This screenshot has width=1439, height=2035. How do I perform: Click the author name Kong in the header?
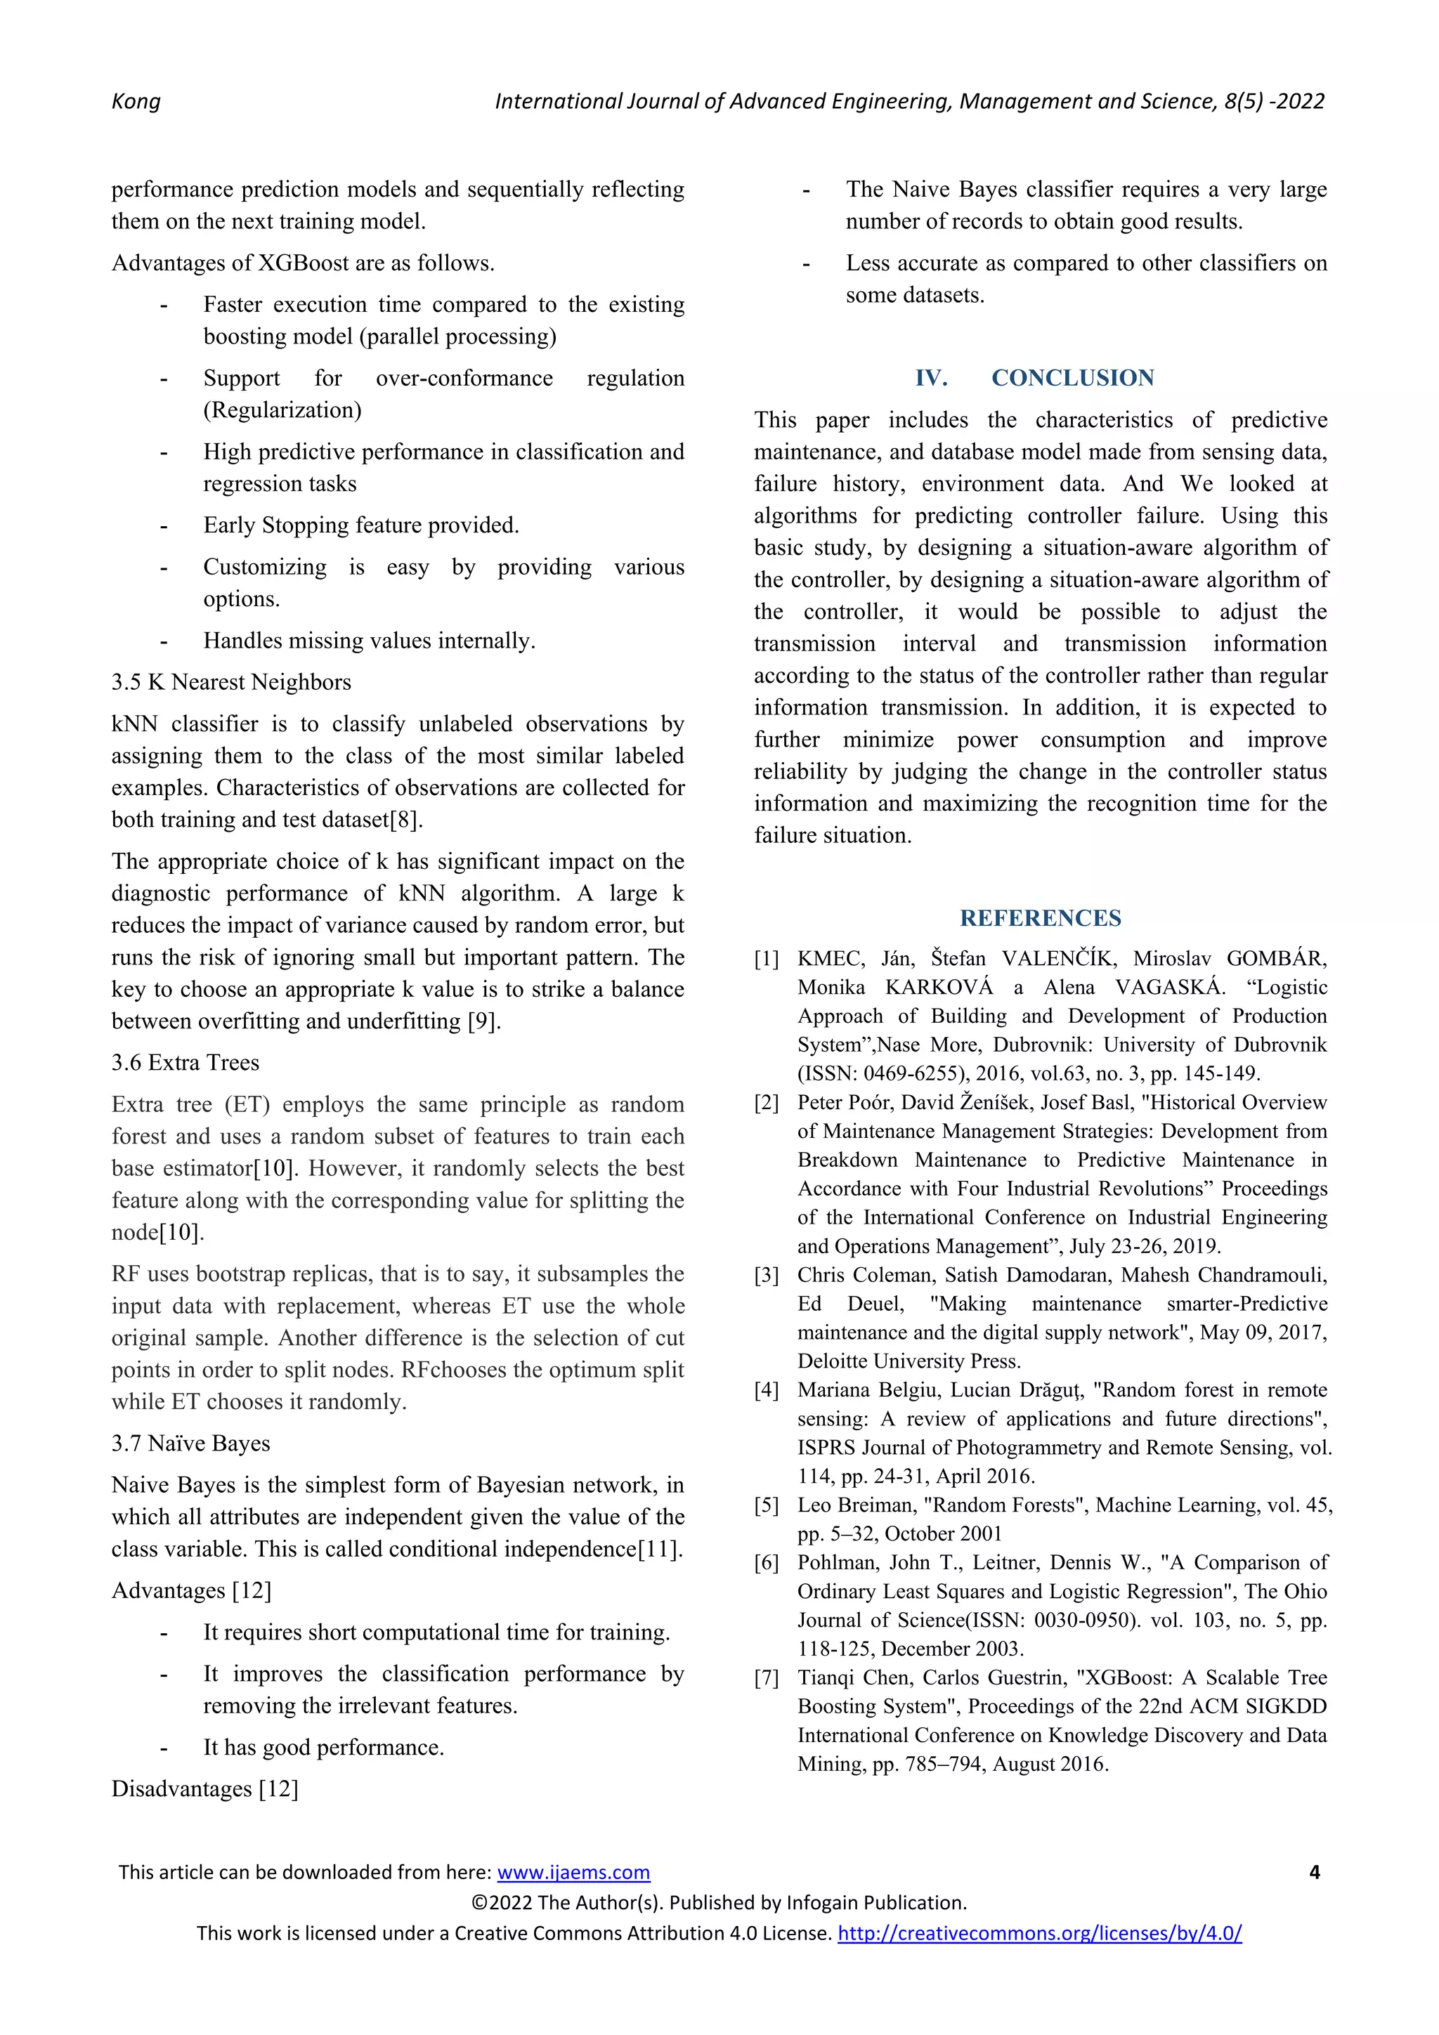[x=136, y=101]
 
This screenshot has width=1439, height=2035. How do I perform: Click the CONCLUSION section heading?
[x=1072, y=378]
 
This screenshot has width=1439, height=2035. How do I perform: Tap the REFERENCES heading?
[x=1040, y=917]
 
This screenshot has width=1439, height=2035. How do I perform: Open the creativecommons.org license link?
[x=1039, y=1933]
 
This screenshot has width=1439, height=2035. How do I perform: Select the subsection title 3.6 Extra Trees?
[x=185, y=1062]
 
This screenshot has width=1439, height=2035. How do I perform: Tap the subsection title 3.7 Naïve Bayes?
[x=190, y=1443]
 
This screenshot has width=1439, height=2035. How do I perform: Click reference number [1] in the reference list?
[x=766, y=959]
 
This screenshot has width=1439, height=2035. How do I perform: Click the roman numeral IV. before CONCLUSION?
[x=931, y=378]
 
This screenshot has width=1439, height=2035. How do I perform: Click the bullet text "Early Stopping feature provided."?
[x=361, y=525]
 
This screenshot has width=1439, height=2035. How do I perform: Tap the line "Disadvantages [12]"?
[x=204, y=1788]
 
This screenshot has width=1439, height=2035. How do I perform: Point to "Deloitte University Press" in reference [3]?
[x=909, y=1361]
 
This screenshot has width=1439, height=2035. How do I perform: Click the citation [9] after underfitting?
[x=484, y=1021]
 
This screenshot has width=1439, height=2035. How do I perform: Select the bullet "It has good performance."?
[x=324, y=1747]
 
